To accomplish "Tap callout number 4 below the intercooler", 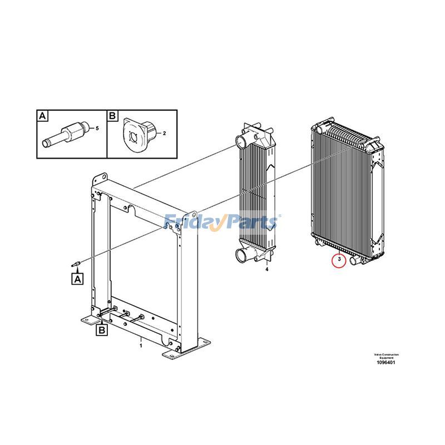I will (x=266, y=270).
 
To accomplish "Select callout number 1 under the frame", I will (x=141, y=345).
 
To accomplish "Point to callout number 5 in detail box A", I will (x=97, y=128).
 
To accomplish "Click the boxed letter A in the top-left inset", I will (x=42, y=116).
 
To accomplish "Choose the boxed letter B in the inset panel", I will (x=112, y=116).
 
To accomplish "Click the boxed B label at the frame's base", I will (x=102, y=331).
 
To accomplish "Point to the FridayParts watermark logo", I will (x=222, y=222).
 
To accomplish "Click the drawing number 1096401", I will (x=385, y=363).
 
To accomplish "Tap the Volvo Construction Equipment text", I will (x=386, y=355).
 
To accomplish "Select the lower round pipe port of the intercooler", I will (x=244, y=255).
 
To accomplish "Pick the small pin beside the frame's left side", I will (x=78, y=262).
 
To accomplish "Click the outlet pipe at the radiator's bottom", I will (x=354, y=259).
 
